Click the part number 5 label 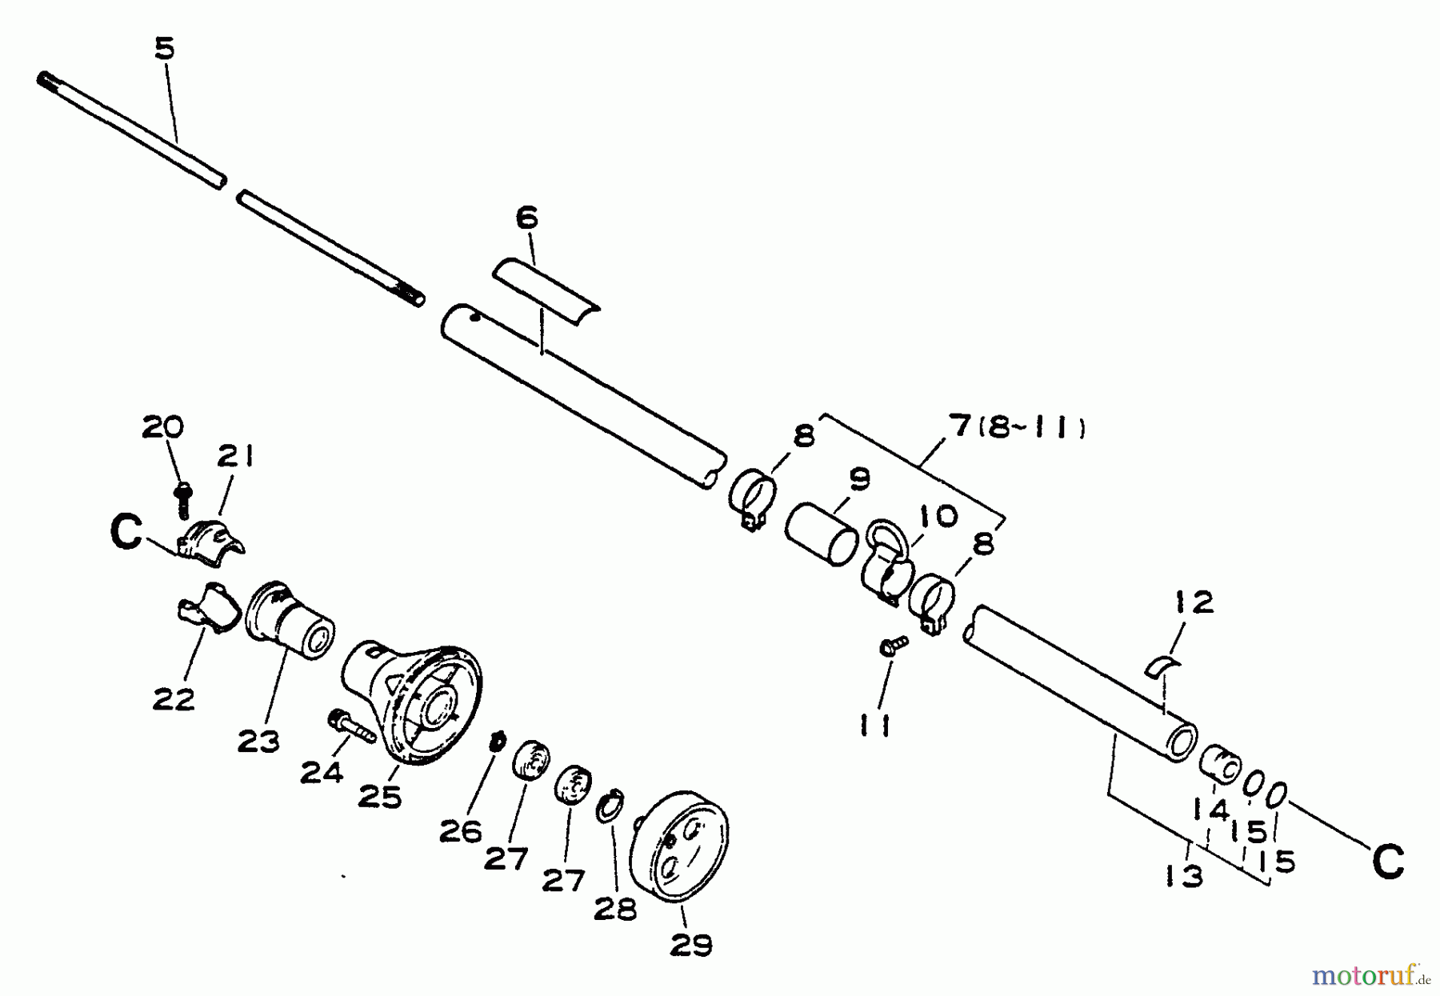[164, 49]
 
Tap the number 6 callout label [526, 218]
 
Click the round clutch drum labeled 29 [681, 848]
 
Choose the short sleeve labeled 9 [821, 534]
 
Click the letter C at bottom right [1388, 862]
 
